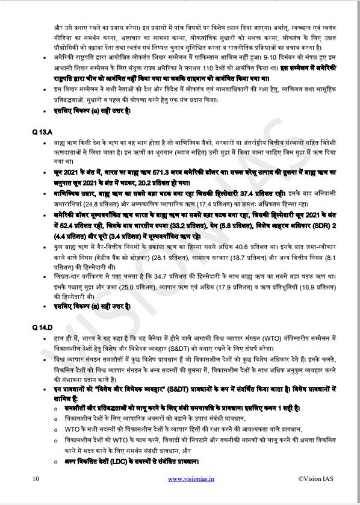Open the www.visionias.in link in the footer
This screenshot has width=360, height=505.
click(x=191, y=479)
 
